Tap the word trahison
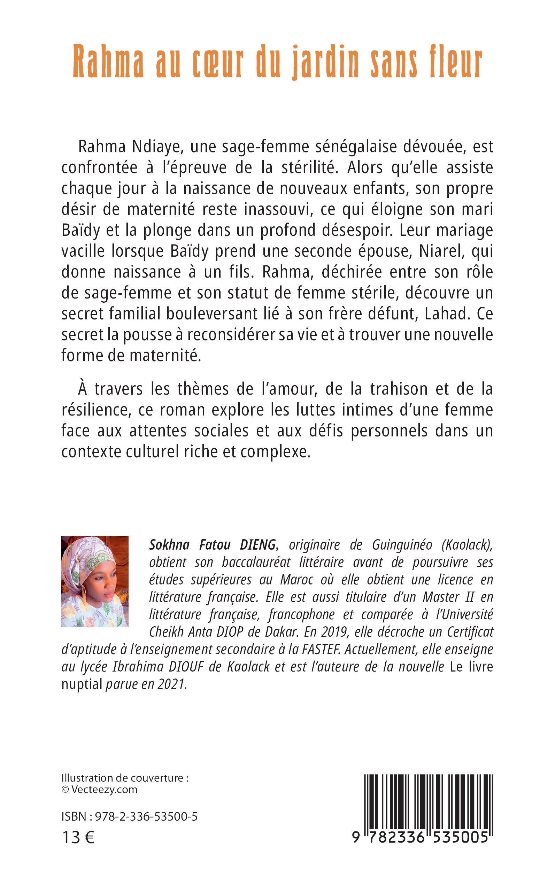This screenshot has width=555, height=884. (x=399, y=389)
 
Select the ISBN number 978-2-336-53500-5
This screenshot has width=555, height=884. (x=146, y=816)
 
